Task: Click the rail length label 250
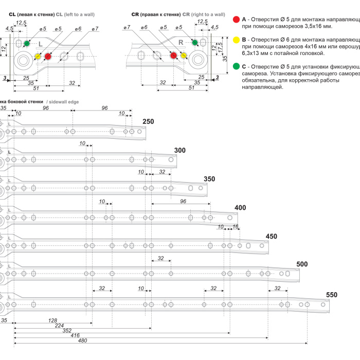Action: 148,121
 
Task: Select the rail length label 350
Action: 209,179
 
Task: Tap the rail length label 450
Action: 271,237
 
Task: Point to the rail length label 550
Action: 332,295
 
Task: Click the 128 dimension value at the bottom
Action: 52,320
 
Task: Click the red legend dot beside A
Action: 236,19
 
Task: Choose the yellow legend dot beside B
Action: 236,40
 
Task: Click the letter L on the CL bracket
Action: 41,45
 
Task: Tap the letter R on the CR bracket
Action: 181,42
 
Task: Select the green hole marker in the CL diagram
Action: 27,43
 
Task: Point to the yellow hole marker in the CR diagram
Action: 183,55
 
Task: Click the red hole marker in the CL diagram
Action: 48,56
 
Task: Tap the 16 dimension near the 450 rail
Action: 236,227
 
